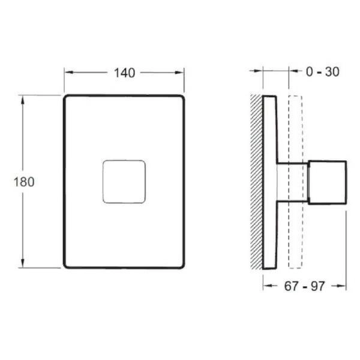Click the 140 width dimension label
[124, 73]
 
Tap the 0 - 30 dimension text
[322, 72]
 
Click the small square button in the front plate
[124, 181]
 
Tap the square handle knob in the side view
[328, 181]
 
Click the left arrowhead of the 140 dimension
[67, 73]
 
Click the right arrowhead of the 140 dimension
[181, 73]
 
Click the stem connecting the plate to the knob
[292, 181]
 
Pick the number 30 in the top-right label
[332, 72]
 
